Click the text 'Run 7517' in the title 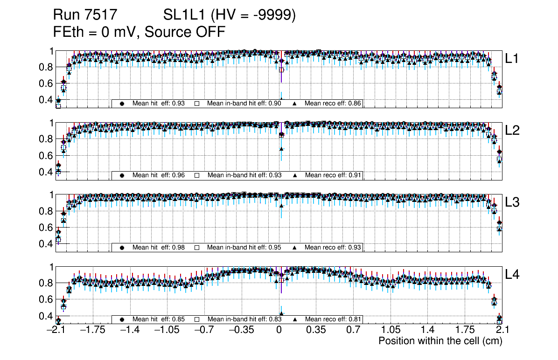coord(84,15)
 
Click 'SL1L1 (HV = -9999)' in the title coord(230,15)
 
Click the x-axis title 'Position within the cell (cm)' coord(440,341)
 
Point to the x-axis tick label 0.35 coord(315,330)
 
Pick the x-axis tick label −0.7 coord(205,330)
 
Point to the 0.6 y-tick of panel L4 coord(45,299)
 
